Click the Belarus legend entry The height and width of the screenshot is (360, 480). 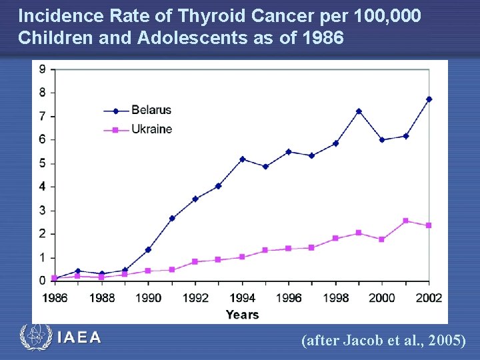point(150,110)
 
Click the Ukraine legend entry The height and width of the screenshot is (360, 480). point(150,129)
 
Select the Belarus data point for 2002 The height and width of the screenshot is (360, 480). point(429,99)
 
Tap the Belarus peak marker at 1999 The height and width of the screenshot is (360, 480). point(359,111)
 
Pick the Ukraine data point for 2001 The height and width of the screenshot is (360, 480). point(406,221)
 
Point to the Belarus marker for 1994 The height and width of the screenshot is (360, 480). point(242,159)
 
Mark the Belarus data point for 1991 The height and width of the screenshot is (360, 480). point(172,218)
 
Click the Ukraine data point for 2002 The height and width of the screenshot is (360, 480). point(429,225)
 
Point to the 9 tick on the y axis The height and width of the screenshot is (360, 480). point(43,69)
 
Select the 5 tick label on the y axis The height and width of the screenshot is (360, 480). point(43,163)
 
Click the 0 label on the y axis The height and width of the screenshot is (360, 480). point(43,281)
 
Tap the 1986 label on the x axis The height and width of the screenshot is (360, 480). point(55,298)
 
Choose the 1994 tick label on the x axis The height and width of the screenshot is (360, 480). point(242,298)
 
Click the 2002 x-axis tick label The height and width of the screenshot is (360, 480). point(428,298)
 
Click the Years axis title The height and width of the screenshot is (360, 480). point(242,314)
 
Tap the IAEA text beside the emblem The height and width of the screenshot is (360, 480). point(79,337)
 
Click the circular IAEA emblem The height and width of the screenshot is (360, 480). point(35,337)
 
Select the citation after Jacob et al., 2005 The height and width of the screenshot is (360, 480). point(383,341)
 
